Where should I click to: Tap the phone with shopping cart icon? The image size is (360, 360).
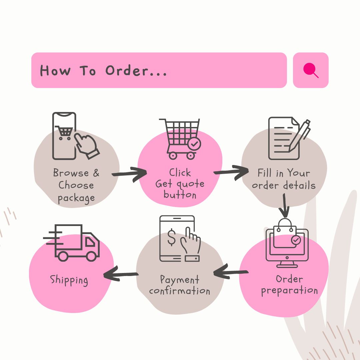[64, 136]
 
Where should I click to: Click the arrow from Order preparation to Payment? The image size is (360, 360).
[231, 272]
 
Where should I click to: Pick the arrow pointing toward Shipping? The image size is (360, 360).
[121, 275]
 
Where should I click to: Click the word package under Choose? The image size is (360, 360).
[76, 198]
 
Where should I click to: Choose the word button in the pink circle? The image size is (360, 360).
[180, 195]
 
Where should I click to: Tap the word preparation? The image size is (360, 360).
[289, 291]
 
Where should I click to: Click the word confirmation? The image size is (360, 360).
[180, 291]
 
